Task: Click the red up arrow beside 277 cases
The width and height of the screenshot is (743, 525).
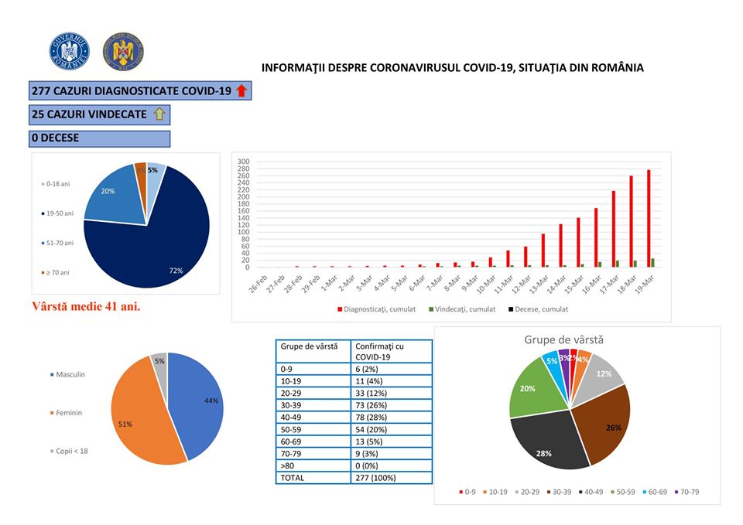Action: pyautogui.click(x=241, y=91)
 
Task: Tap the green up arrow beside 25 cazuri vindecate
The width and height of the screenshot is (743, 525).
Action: pyautogui.click(x=160, y=114)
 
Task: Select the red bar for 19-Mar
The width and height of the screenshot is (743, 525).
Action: pyautogui.click(x=648, y=218)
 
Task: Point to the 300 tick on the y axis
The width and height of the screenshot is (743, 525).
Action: pyautogui.click(x=243, y=161)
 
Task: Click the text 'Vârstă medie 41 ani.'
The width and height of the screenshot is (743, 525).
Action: pyautogui.click(x=86, y=305)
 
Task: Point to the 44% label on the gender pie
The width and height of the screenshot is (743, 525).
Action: pyautogui.click(x=211, y=401)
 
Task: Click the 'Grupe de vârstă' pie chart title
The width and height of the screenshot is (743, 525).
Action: pyautogui.click(x=563, y=339)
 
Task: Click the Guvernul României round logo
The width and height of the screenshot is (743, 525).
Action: pyautogui.click(x=70, y=51)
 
